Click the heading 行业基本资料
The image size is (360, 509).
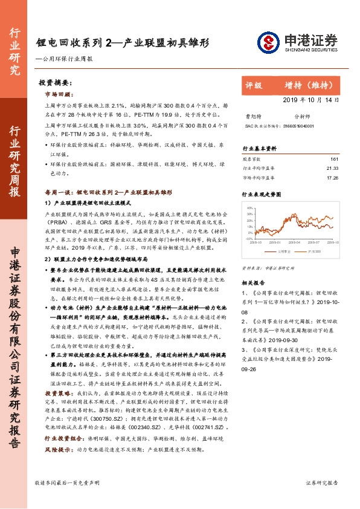pos(260,148)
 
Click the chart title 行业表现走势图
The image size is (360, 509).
pos(262,195)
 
